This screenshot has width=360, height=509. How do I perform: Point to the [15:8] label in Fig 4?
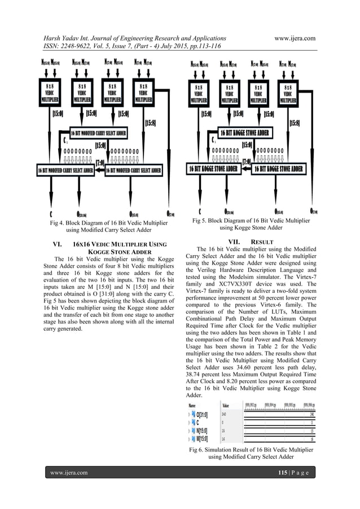(151, 122)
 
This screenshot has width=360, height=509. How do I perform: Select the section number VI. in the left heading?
(56, 245)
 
